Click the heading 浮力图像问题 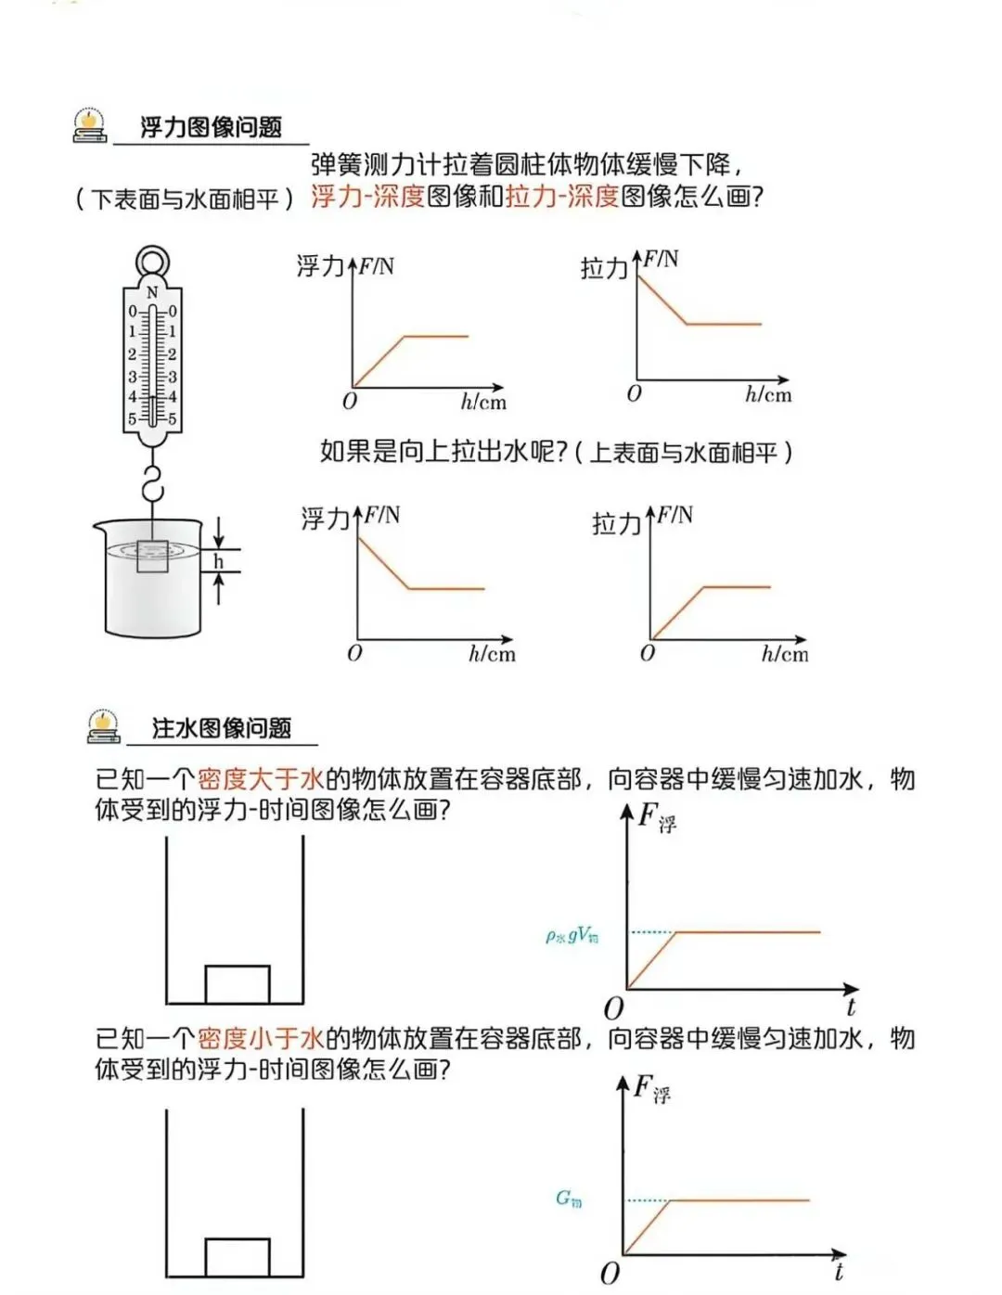coord(211,127)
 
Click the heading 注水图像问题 coord(222,728)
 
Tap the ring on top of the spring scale coord(152,262)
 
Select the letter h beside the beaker coord(219,561)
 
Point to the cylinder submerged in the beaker coord(152,557)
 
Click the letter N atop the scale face coord(152,292)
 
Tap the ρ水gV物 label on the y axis coord(572,936)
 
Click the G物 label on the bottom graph coord(569,1199)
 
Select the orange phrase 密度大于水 coord(261,778)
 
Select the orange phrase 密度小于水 coord(261,1038)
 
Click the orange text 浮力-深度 coord(367,197)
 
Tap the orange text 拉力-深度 coord(562,197)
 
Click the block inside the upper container coord(238,984)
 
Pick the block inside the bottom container coord(238,1257)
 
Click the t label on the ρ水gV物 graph coord(851,1007)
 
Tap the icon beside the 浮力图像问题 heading coord(90,125)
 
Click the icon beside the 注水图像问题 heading coord(103,726)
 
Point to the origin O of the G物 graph coord(610,1273)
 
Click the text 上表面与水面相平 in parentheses coord(684,453)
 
